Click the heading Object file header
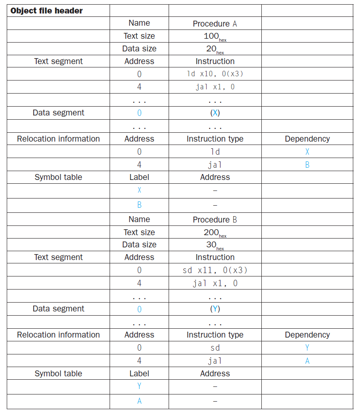tap(46, 11)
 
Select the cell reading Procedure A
tap(215, 24)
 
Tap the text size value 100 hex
tap(215, 37)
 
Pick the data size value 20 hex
tap(215, 49)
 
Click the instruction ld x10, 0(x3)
tap(215, 74)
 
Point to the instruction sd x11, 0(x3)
tap(215, 270)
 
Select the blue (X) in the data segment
tap(215, 113)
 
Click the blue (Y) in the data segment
tap(215, 309)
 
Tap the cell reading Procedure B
tap(215, 220)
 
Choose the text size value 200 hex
tap(215, 233)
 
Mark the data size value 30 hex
tap(215, 245)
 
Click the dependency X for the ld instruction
tap(307, 152)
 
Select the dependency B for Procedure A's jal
tap(307, 165)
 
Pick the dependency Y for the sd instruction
tap(307, 348)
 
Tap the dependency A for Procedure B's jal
tap(307, 361)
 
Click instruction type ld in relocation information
tap(215, 152)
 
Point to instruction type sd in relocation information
tap(215, 348)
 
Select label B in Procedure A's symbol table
tap(140, 205)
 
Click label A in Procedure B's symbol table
tap(140, 401)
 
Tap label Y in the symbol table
tap(140, 386)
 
